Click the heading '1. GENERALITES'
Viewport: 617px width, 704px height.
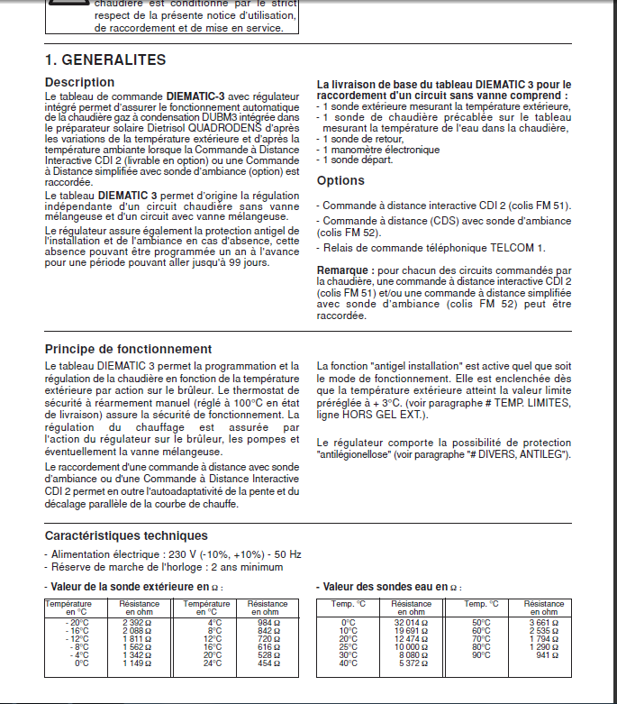[105, 60]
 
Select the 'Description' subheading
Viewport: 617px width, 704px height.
[80, 83]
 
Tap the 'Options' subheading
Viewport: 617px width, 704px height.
[340, 181]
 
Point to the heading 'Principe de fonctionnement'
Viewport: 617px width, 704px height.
[128, 349]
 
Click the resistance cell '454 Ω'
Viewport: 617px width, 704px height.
[268, 663]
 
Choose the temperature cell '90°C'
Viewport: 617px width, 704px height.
[482, 655]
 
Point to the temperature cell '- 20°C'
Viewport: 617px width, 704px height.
[77, 622]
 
